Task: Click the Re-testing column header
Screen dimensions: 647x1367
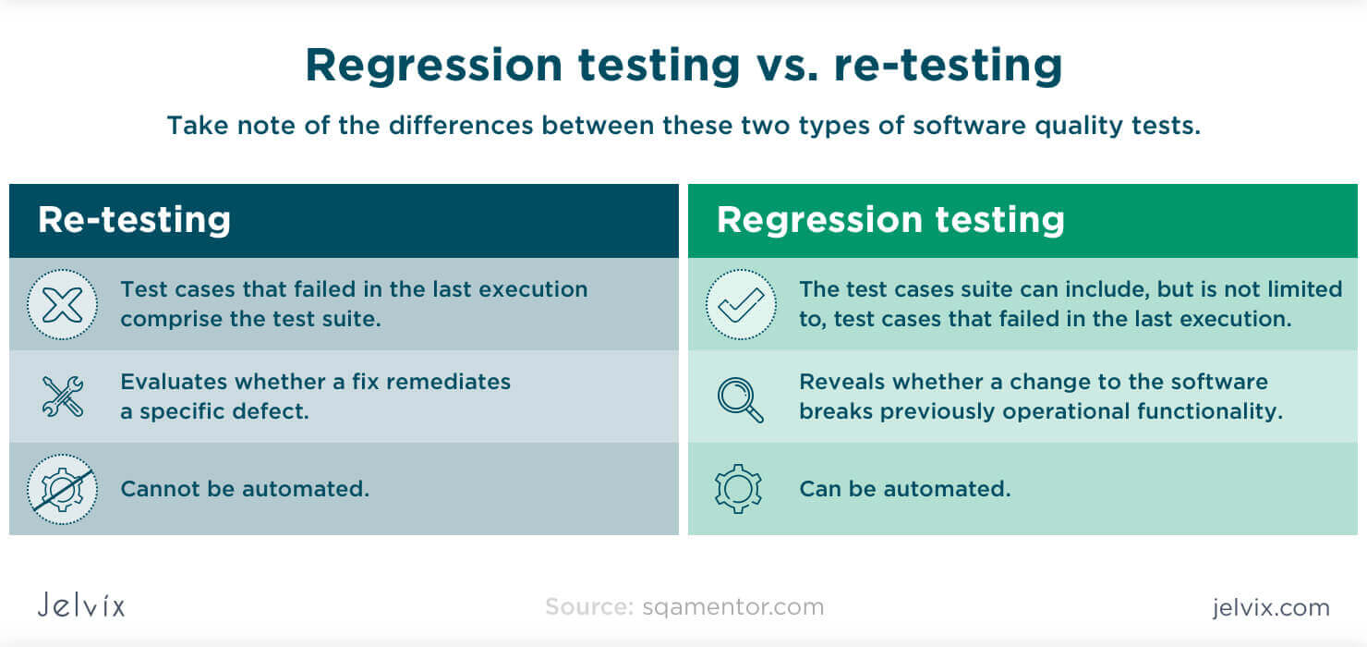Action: pyautogui.click(x=134, y=220)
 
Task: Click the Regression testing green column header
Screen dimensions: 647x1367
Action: pyautogui.click(x=890, y=220)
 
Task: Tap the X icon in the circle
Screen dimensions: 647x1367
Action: pyautogui.click(x=62, y=304)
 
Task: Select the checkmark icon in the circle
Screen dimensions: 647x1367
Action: pyautogui.click(x=741, y=304)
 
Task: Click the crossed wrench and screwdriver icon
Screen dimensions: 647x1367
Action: pyautogui.click(x=62, y=396)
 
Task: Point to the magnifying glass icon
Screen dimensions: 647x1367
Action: pyautogui.click(x=741, y=397)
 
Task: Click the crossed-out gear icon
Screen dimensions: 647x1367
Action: pyautogui.click(x=62, y=489)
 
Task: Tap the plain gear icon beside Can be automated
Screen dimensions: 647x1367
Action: pyautogui.click(x=738, y=489)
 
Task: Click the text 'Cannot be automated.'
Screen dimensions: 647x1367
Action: pyautogui.click(x=245, y=489)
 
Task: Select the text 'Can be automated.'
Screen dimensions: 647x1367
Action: pyautogui.click(x=904, y=489)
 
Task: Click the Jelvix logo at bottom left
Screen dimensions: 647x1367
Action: pyautogui.click(x=81, y=605)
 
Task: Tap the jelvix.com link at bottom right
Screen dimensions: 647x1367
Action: pyautogui.click(x=1270, y=607)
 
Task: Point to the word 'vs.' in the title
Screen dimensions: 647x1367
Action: pyautogui.click(x=787, y=66)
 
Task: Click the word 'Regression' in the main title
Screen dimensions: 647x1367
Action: pyautogui.click(x=433, y=66)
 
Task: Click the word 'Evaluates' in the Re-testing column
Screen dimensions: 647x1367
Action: pyautogui.click(x=173, y=382)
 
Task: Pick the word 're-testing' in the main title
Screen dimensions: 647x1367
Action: pyautogui.click(x=948, y=66)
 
